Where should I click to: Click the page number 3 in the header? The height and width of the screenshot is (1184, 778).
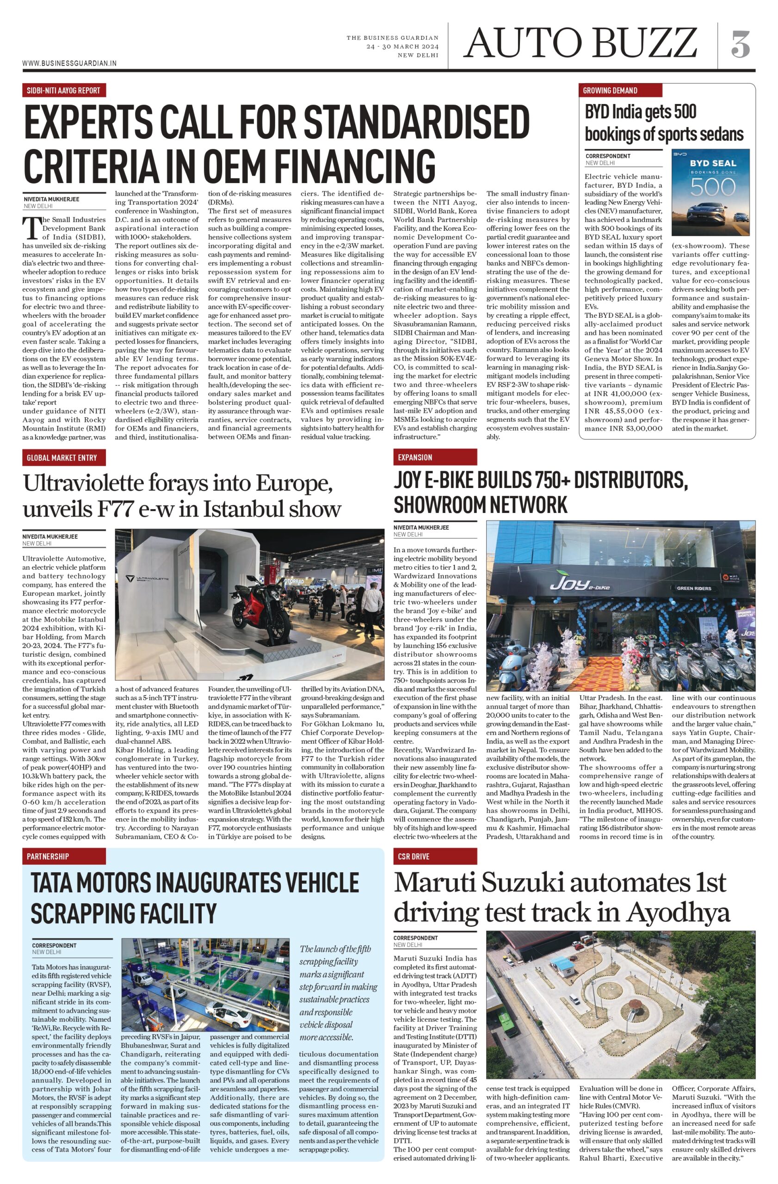click(740, 44)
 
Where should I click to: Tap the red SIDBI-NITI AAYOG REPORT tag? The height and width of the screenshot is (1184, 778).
click(64, 90)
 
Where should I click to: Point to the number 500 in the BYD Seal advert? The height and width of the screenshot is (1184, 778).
click(712, 188)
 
